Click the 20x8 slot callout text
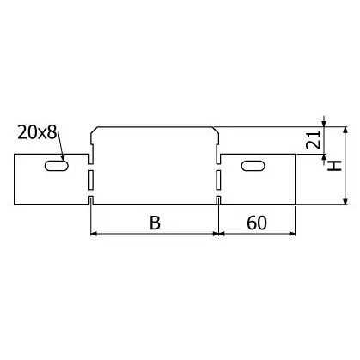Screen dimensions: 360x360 coord(37,132)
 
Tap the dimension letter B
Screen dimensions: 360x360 coord(155,223)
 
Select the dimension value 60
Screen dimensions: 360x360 coord(257,223)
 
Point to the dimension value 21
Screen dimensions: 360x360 coord(314,140)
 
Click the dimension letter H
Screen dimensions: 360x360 coord(335,166)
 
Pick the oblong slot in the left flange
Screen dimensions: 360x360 coord(57,166)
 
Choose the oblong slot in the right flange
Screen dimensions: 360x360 coord(253,166)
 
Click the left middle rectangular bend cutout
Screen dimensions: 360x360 coord(91,180)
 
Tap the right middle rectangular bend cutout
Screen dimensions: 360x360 coord(218,180)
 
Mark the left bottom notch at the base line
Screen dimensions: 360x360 coord(91,200)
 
